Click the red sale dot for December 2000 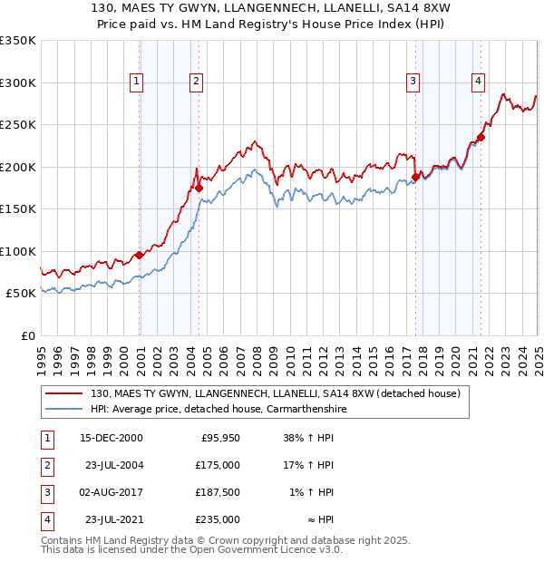tap(140, 255)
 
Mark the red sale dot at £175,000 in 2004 tap(199, 189)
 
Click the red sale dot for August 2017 tap(415, 178)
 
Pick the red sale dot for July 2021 tap(481, 138)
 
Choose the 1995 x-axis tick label tap(42, 358)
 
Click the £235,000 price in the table tap(218, 520)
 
